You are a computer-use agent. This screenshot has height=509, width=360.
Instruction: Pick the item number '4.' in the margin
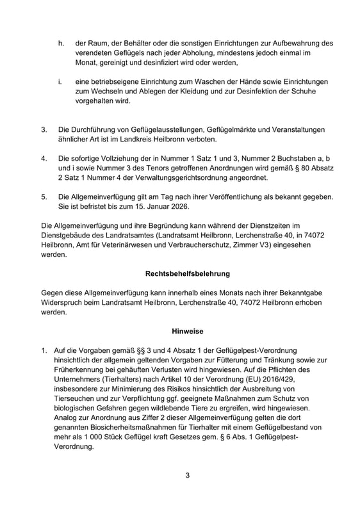pyautogui.click(x=44, y=157)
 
